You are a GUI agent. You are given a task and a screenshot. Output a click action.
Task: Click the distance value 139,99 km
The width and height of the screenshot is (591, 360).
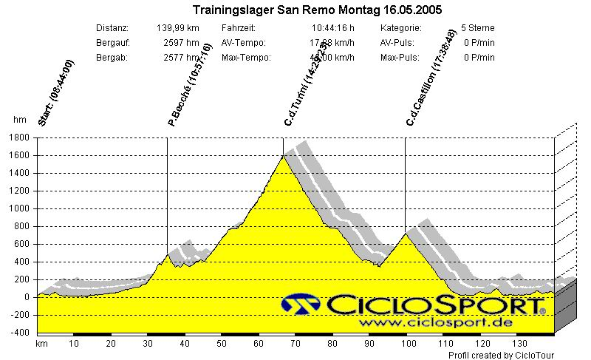[x=178, y=28]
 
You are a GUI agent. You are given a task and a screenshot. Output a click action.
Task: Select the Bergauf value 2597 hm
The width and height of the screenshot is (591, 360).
[x=181, y=43]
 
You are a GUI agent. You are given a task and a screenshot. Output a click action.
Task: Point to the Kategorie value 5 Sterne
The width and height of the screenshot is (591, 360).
[x=477, y=28]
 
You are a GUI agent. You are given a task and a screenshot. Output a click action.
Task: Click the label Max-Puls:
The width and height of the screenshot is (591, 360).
[x=400, y=58]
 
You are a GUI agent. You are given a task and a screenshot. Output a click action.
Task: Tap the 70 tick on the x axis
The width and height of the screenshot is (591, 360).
[x=295, y=344]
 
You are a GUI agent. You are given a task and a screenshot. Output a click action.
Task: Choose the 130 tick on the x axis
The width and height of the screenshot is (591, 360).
[x=519, y=344]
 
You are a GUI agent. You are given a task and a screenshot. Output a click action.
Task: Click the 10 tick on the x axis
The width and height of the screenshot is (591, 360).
[x=73, y=344]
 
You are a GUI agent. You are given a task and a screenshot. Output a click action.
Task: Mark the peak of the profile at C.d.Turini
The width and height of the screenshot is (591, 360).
[x=284, y=155]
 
